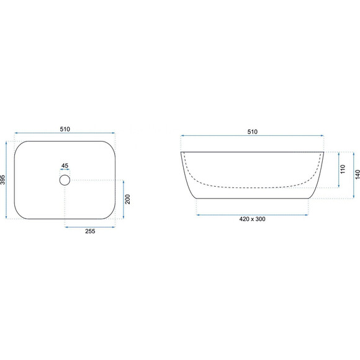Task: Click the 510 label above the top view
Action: point(65,129)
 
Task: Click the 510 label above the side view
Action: point(253,132)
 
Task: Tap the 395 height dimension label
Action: point(2,180)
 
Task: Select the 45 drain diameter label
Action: point(65,166)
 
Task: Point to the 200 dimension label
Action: point(127,199)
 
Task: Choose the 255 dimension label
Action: point(90,231)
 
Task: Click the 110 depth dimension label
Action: point(343,169)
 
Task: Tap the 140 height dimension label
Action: point(358,174)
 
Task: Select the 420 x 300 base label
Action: point(253,219)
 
